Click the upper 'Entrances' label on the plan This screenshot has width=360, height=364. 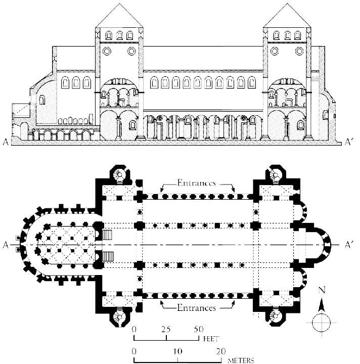[x=196, y=183]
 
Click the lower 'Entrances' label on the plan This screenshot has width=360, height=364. [x=196, y=308]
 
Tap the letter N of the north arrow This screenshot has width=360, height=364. [x=322, y=291]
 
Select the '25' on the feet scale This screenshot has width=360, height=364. [x=166, y=329]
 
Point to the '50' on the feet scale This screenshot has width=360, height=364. [x=199, y=329]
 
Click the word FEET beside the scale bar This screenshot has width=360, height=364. [x=211, y=339]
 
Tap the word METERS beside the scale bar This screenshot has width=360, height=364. [x=241, y=360]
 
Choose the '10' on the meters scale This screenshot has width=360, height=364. [x=177, y=351]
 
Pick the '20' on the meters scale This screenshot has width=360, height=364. [x=221, y=351]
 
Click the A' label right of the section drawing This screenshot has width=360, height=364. [x=349, y=142]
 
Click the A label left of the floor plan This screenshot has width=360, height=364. [x=6, y=245]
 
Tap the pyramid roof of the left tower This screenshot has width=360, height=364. [x=119, y=16]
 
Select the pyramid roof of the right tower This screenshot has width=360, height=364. [x=287, y=16]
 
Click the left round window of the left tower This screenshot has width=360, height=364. [x=107, y=51]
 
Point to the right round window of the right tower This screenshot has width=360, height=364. [x=299, y=51]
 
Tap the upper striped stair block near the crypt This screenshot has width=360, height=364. [x=107, y=235]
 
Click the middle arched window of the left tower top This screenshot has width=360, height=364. [x=119, y=35]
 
